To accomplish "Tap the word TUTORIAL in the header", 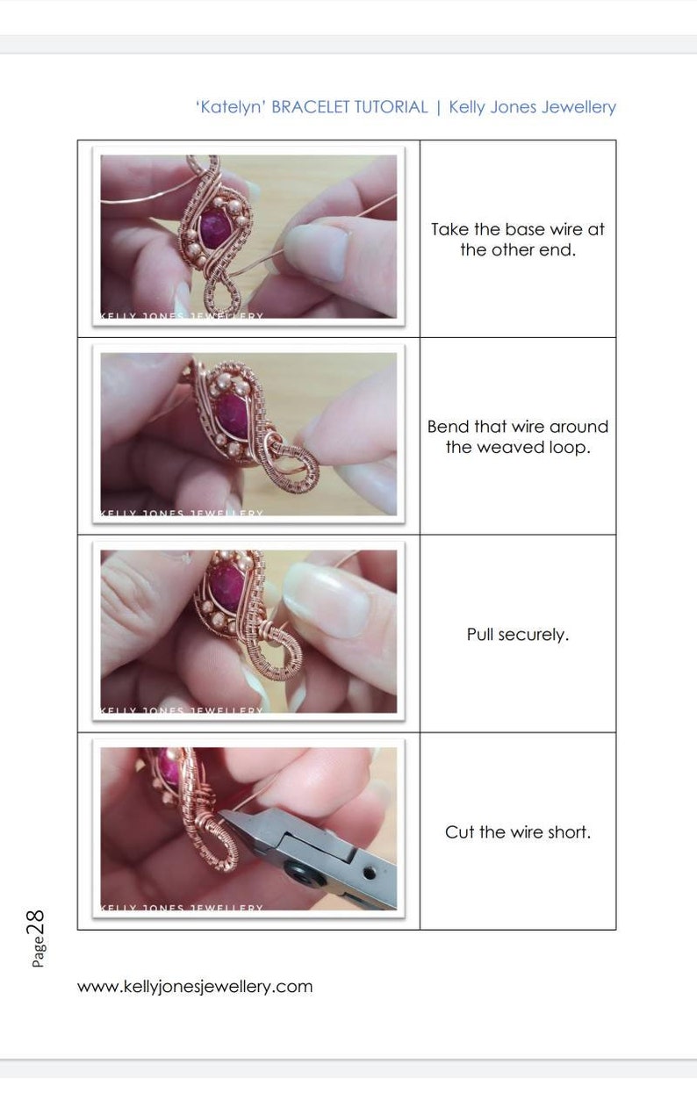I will coord(390,107).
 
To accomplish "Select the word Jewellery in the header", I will coord(578,107).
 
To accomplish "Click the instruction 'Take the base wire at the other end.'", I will coord(518,240).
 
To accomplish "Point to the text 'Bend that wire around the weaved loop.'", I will coord(518,436).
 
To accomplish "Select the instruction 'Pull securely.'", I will coord(518,635).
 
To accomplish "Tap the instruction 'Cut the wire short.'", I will coord(518,832).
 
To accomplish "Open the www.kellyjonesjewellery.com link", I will coord(195,986).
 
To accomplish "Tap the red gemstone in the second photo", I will coord(231,415).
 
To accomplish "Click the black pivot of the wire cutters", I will coord(293,874).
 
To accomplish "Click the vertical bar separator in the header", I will coord(438,107).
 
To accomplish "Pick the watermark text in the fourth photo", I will coord(182,907).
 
